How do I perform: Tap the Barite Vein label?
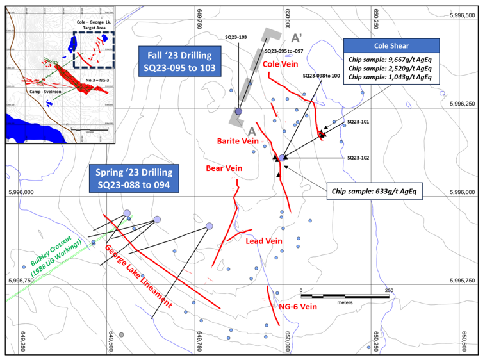click(237, 140)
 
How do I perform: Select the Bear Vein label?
click(224, 168)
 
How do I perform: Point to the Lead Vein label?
click(264, 241)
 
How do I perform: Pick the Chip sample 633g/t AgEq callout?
click(374, 191)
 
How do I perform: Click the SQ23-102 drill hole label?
click(359, 157)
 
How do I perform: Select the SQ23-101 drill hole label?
click(359, 121)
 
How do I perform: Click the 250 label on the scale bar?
click(389, 290)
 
